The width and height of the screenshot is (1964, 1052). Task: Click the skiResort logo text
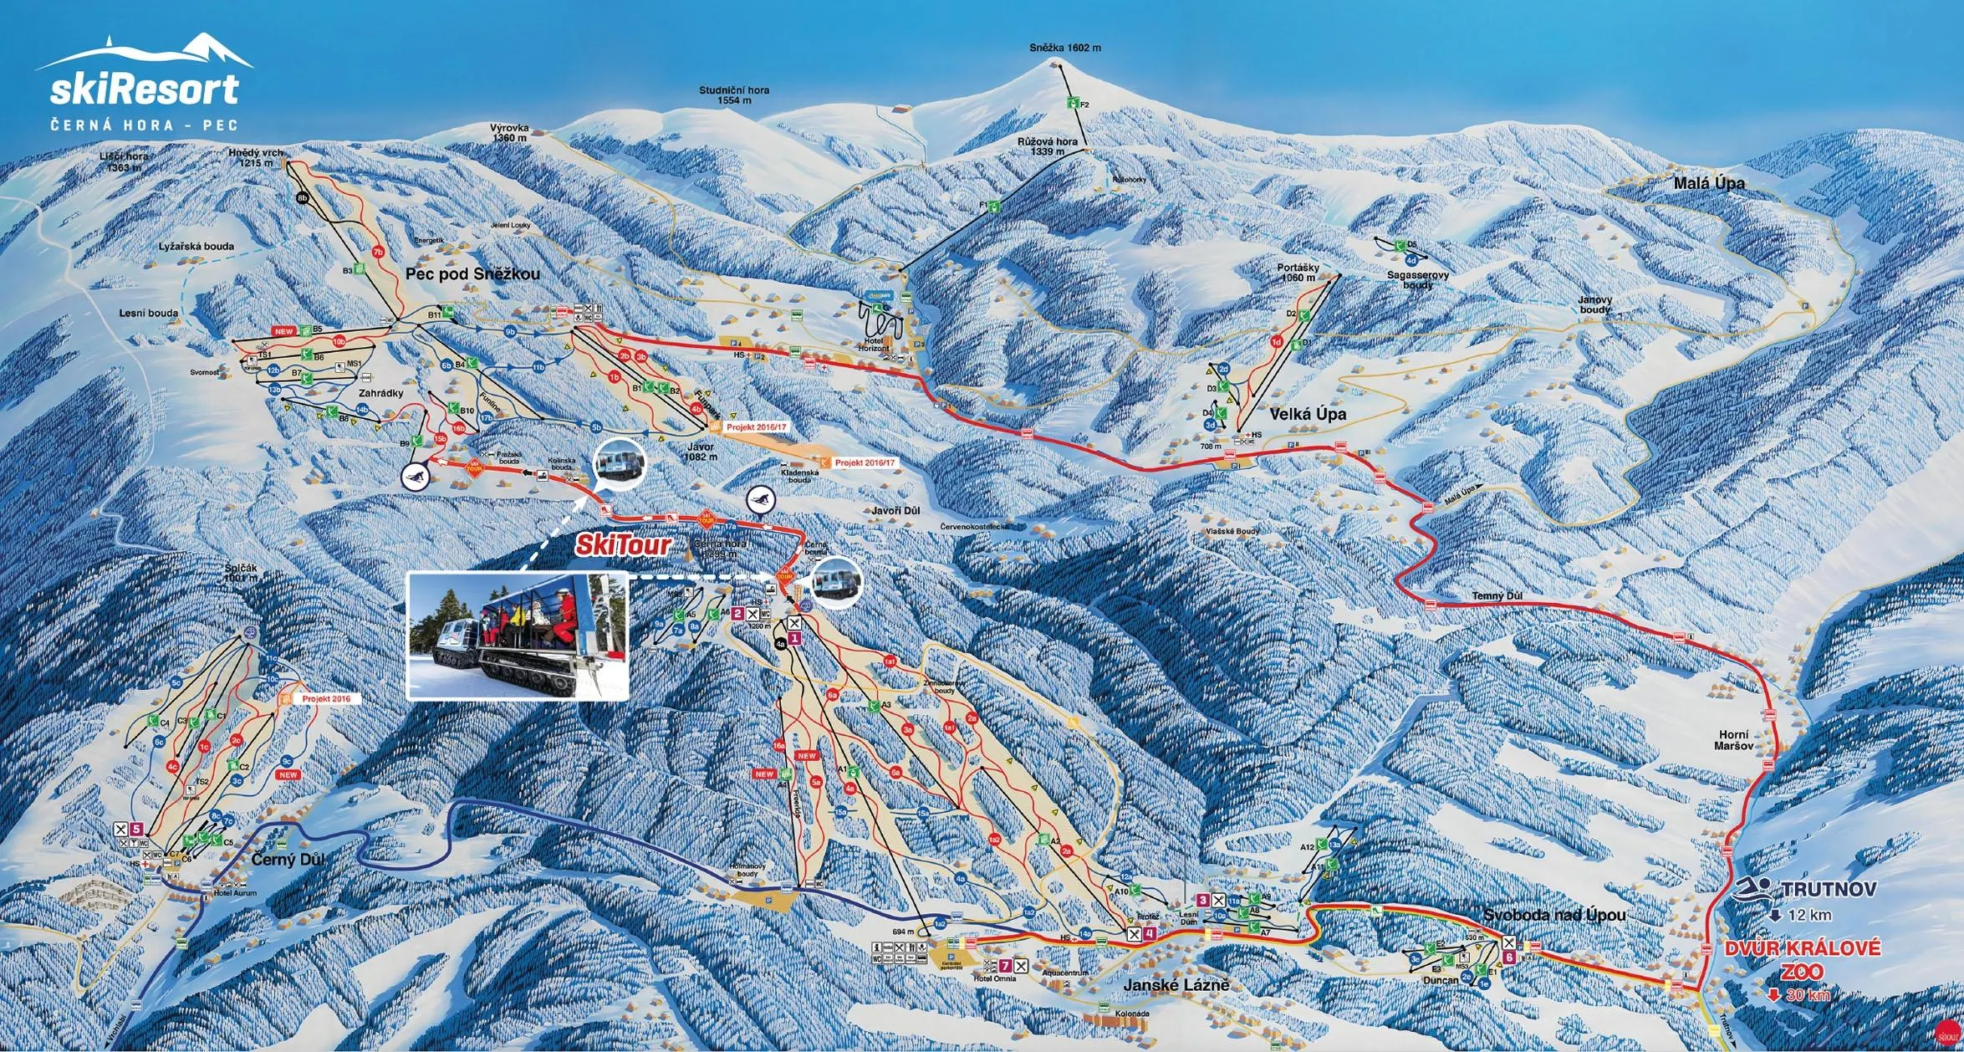[x=144, y=89]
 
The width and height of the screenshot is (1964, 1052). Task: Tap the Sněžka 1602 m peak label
[x=1064, y=48]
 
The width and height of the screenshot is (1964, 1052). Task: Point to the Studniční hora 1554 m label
[x=734, y=95]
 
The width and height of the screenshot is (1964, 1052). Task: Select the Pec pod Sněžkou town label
[x=472, y=274]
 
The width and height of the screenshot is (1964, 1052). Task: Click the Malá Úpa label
[x=1709, y=183]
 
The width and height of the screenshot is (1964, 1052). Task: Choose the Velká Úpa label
[x=1308, y=414]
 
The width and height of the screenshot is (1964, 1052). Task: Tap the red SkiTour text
[x=623, y=545]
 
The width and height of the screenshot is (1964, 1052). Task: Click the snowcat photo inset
[x=517, y=636]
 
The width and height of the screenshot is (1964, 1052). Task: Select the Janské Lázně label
[x=1176, y=985]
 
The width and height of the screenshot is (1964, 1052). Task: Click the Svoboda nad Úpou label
[x=1554, y=915]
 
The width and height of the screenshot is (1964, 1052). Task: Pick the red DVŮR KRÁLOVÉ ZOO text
[x=1802, y=960]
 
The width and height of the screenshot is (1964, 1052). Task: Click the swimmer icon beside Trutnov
[x=1753, y=890]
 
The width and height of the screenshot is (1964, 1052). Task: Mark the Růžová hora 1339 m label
[x=1047, y=146]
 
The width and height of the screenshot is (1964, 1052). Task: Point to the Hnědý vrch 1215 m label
[x=256, y=157]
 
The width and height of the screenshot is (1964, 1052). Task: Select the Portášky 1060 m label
[x=1298, y=273]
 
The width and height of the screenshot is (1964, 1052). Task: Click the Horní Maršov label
[x=1733, y=740]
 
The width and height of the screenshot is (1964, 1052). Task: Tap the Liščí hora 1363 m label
[x=124, y=161]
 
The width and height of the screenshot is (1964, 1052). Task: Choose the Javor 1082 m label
[x=701, y=452]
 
